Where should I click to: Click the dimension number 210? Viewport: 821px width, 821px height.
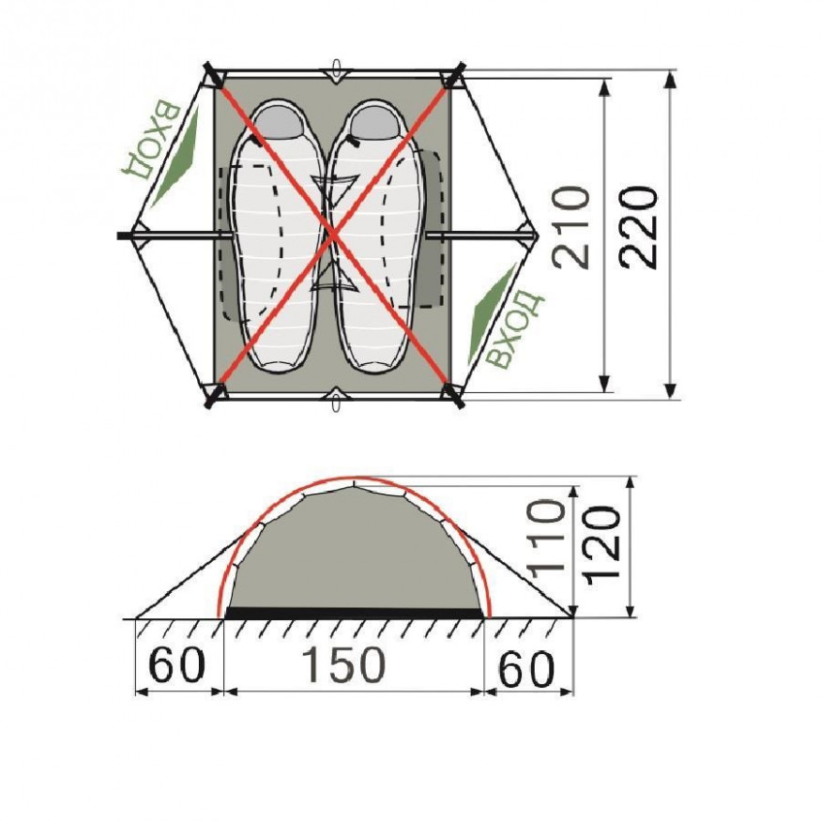(571, 227)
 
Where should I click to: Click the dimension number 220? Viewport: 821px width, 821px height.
(638, 228)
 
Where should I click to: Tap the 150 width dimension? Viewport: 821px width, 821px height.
(344, 664)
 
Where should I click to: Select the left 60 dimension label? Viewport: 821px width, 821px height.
(176, 665)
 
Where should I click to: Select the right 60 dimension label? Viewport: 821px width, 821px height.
(525, 669)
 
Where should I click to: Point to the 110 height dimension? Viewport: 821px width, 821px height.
(547, 540)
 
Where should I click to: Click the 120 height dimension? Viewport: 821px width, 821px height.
(602, 545)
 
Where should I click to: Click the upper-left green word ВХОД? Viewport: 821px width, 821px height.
(151, 139)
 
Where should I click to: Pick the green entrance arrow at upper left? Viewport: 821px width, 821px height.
(177, 155)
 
